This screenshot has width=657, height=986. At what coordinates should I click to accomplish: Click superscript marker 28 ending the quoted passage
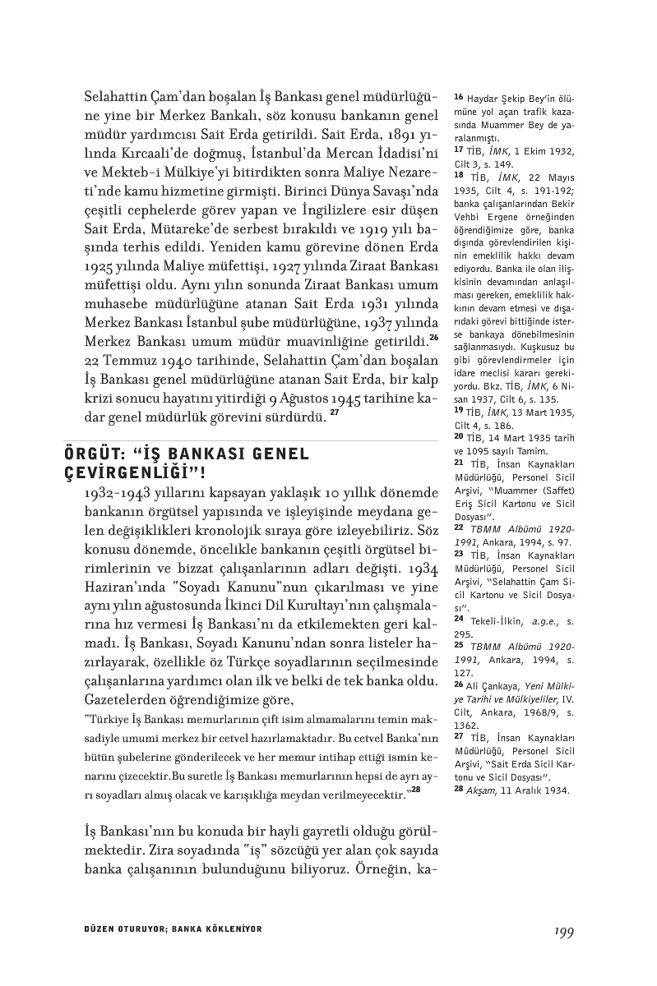(x=416, y=790)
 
